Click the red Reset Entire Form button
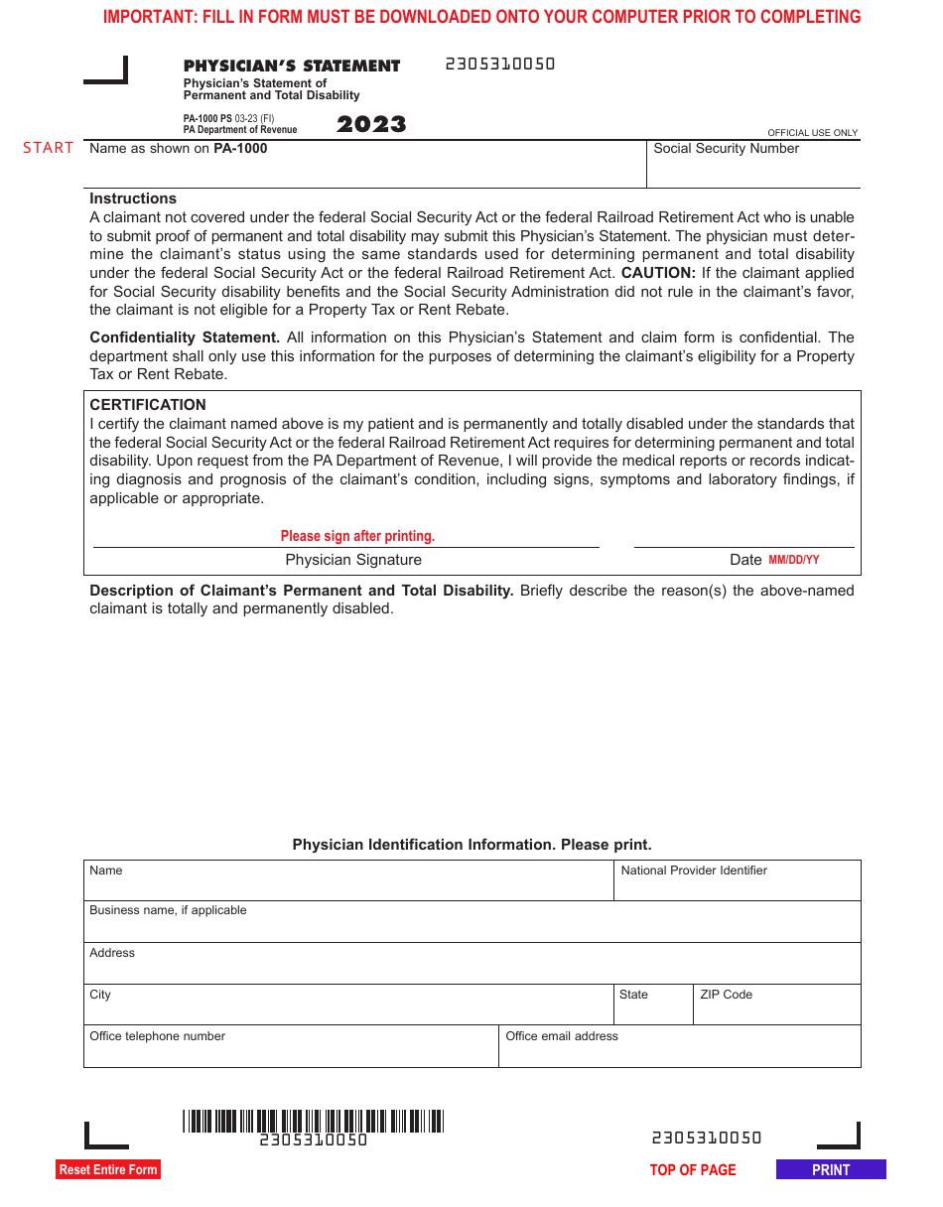108,1169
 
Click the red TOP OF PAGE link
693,1170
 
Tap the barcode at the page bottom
313,1122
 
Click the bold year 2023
371,124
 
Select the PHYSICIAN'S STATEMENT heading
292,67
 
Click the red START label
49,148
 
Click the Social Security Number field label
726,149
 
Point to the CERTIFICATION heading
148,405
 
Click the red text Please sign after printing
357,536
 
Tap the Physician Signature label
353,560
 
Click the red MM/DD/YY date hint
794,560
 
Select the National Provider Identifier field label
694,871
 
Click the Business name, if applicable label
168,910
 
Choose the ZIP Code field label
726,995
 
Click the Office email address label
562,1036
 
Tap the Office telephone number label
157,1036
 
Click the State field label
633,995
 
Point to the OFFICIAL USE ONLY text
812,133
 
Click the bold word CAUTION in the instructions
657,273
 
